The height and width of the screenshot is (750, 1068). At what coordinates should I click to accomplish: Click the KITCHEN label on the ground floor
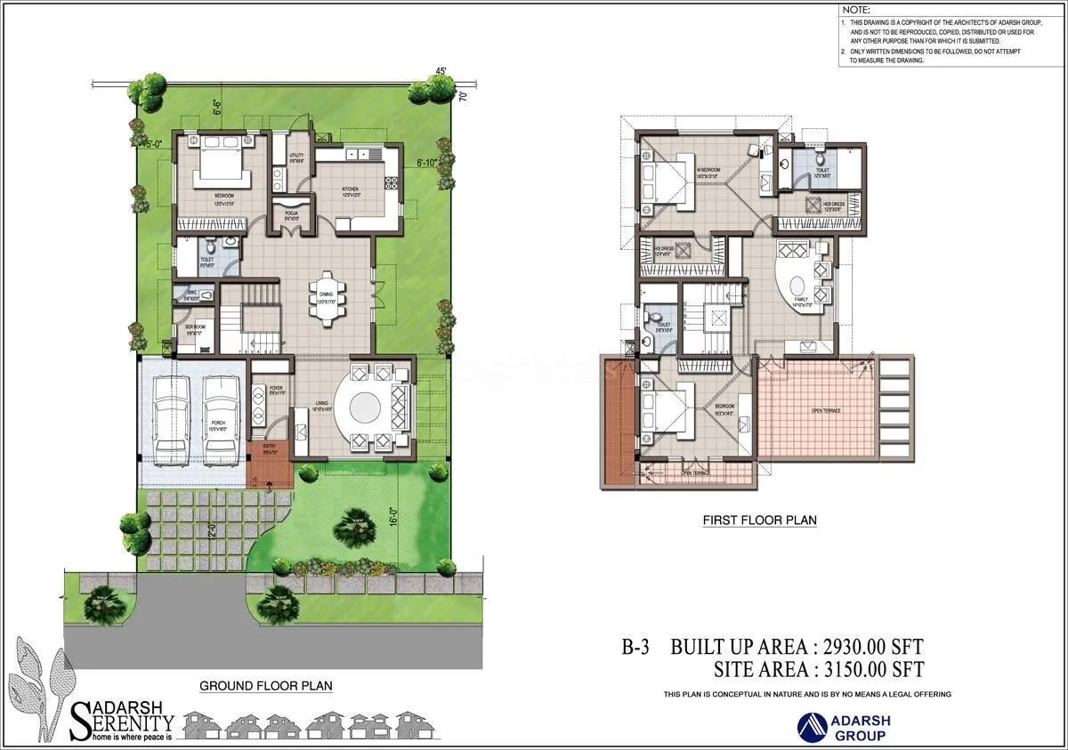352,190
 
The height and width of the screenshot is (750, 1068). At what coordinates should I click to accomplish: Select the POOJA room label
291,214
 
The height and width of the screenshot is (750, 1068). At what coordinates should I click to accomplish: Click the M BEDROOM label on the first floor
708,171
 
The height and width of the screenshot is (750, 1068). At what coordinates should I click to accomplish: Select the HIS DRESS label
664,251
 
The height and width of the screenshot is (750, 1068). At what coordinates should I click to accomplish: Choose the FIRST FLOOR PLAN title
759,520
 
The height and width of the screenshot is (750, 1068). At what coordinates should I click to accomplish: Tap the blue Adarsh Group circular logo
813,727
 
